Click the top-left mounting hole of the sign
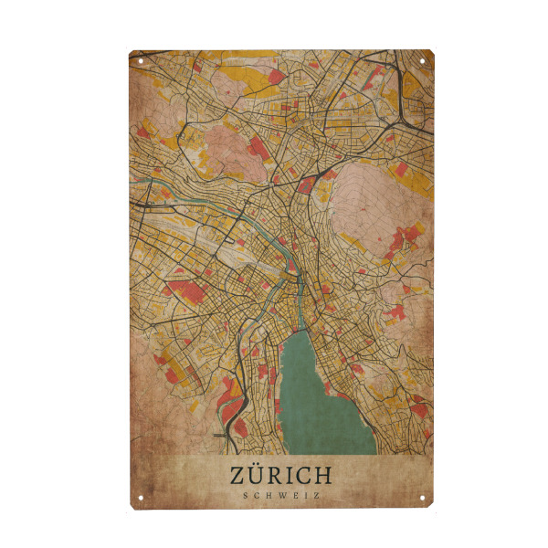click(142, 60)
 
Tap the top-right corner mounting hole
click(423, 60)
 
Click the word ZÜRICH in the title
click(281, 476)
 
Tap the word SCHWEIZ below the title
click(281, 496)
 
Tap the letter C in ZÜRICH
click(304, 476)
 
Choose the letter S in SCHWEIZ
click(247, 496)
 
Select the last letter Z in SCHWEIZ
click(315, 496)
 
